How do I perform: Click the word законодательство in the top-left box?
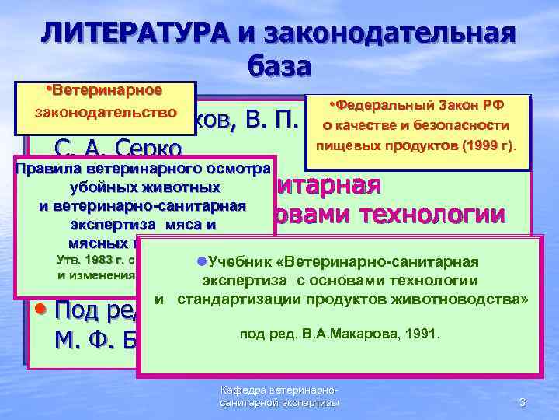(106, 112)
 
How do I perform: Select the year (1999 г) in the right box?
(488, 145)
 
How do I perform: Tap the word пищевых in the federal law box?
(346, 145)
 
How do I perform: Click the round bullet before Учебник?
(200, 262)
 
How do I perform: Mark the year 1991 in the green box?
(423, 334)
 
